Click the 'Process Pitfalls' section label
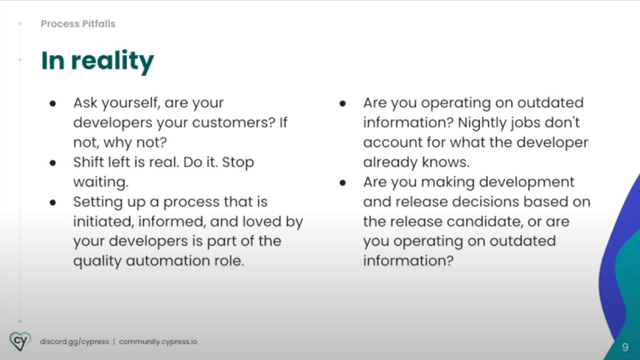[78, 24]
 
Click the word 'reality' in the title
[113, 61]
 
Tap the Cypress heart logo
[20, 341]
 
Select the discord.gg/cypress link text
[75, 342]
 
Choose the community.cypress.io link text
[158, 342]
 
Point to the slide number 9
[625, 347]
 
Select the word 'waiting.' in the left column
[101, 182]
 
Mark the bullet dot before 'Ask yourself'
[52, 103]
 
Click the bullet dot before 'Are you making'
[343, 183]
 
